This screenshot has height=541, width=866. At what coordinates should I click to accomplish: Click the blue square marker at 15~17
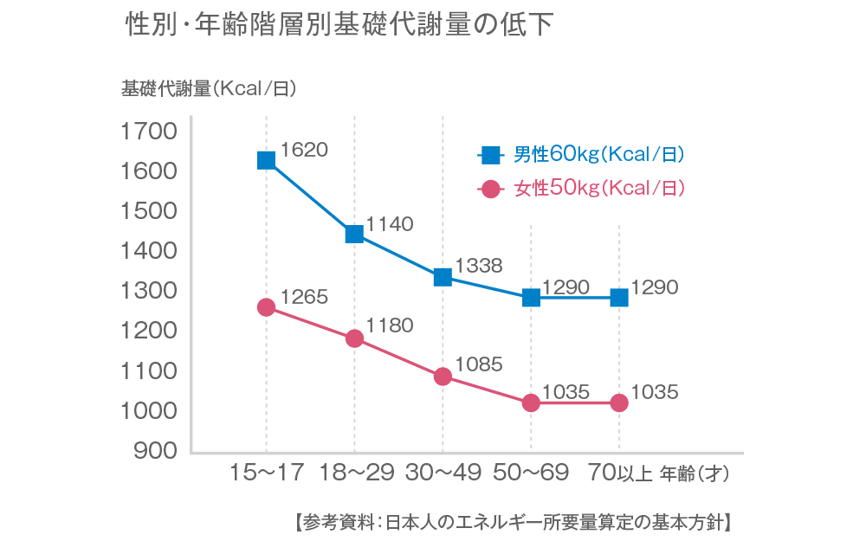pyautogui.click(x=266, y=160)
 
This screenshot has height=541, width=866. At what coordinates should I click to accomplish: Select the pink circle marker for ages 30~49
pyautogui.click(x=443, y=377)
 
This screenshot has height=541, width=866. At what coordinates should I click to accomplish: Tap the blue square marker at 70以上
pyautogui.click(x=619, y=298)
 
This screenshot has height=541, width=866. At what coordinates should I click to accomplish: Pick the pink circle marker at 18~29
pyautogui.click(x=354, y=338)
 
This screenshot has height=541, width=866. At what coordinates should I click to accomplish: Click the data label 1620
pyautogui.click(x=305, y=150)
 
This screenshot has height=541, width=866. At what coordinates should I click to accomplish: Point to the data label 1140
pyautogui.click(x=390, y=224)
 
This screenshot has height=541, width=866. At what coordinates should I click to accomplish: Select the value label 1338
pyautogui.click(x=479, y=266)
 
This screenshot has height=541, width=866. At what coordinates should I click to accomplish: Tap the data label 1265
pyautogui.click(x=305, y=297)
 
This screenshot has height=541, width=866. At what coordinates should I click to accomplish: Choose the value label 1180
pyautogui.click(x=390, y=326)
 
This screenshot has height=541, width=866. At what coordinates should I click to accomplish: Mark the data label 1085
pyautogui.click(x=479, y=364)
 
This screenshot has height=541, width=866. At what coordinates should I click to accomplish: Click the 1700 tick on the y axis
pyautogui.click(x=150, y=132)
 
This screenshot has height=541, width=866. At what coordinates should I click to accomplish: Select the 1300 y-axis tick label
pyautogui.click(x=150, y=291)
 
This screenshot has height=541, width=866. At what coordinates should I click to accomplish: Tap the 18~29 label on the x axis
pyautogui.click(x=357, y=473)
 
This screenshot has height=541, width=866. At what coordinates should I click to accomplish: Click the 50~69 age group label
pyautogui.click(x=531, y=473)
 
